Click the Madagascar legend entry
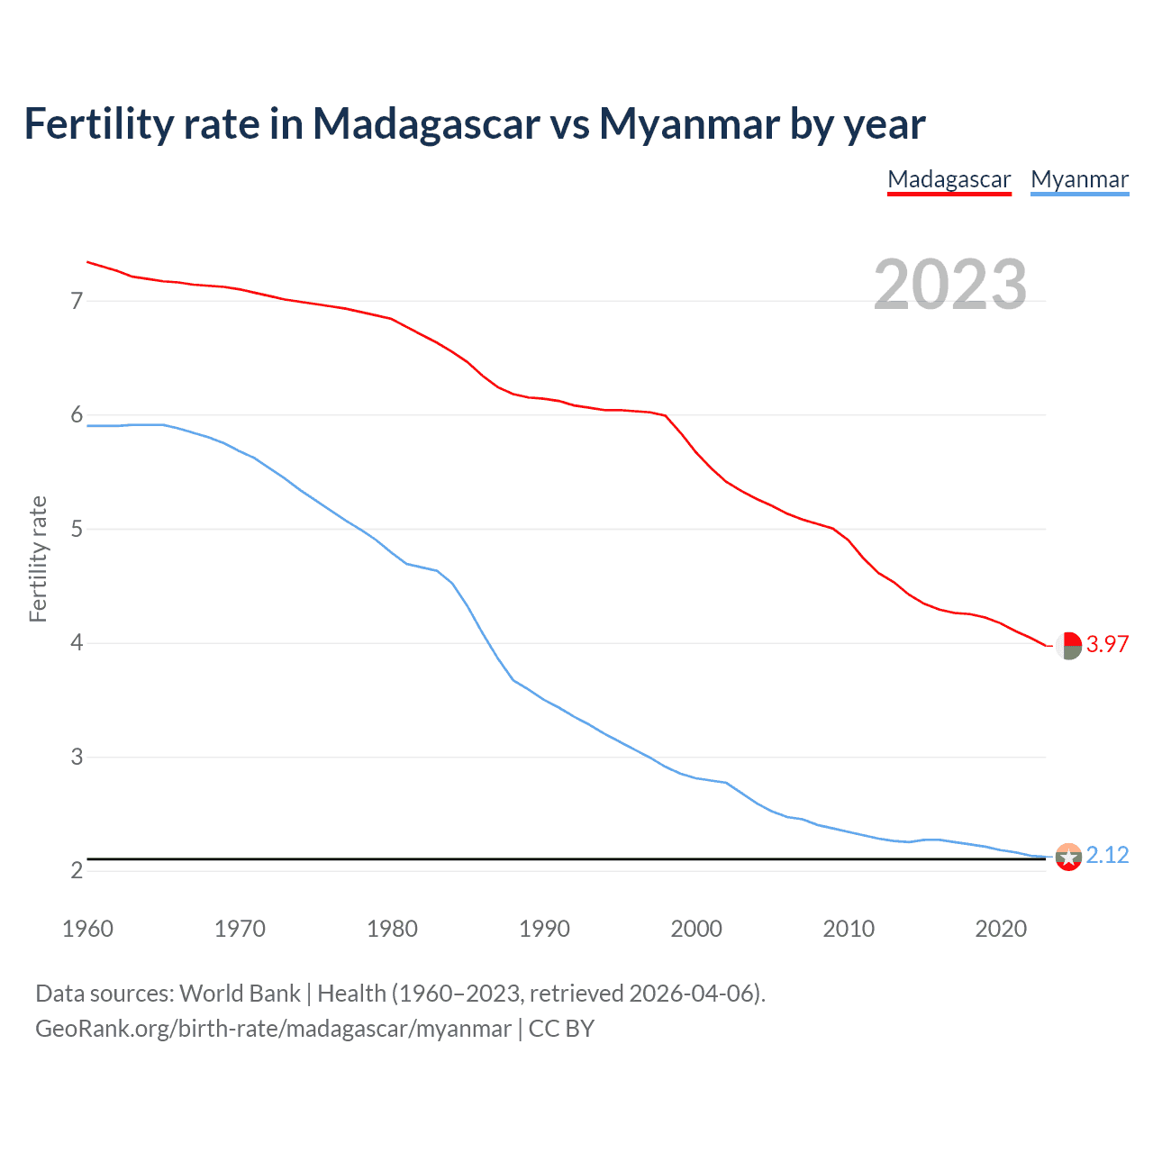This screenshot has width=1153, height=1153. (x=949, y=180)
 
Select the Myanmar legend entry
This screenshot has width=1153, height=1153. (x=1079, y=180)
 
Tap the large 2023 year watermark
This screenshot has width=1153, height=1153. (x=950, y=285)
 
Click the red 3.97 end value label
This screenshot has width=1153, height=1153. (x=1107, y=644)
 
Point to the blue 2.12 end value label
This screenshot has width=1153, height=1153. (x=1107, y=855)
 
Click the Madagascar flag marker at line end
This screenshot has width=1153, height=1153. (x=1068, y=645)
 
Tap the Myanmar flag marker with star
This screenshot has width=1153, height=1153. (x=1068, y=857)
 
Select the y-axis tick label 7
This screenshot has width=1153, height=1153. (x=77, y=301)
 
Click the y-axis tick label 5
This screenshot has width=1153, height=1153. (x=77, y=529)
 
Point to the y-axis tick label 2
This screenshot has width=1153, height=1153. (x=77, y=870)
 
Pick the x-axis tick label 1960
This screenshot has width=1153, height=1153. (x=87, y=929)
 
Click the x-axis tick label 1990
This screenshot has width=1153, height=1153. (x=544, y=929)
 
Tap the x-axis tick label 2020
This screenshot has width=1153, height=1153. (x=1001, y=929)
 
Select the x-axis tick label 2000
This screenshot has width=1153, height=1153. (x=696, y=929)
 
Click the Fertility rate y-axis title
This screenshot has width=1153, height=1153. (x=38, y=558)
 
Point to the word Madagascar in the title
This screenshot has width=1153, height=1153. (x=426, y=124)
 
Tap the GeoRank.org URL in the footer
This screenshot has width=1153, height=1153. (x=273, y=1029)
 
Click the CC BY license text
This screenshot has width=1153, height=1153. (x=561, y=1029)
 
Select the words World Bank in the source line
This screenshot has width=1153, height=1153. (x=240, y=994)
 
